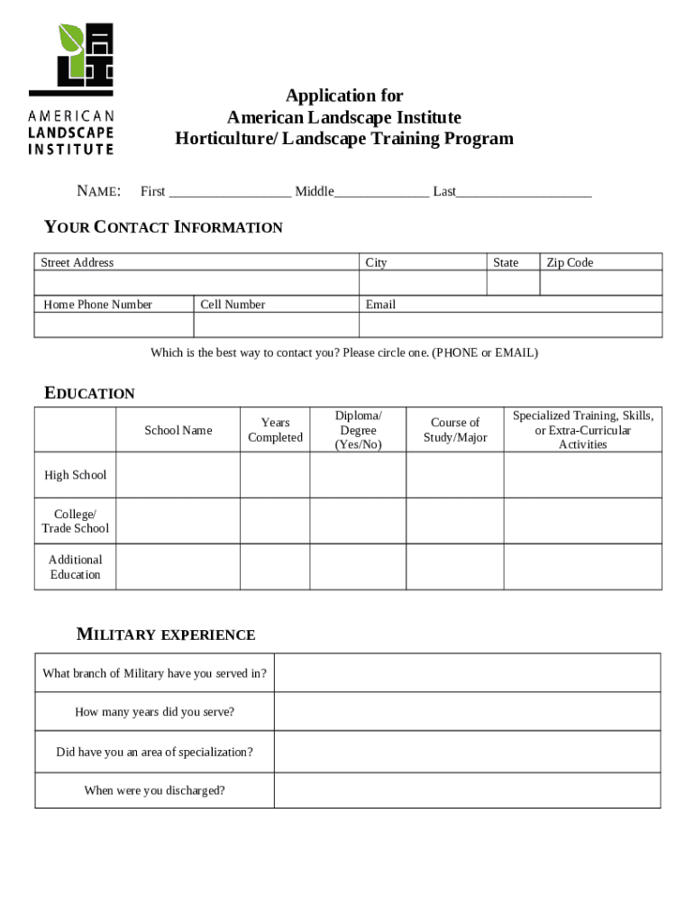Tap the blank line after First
[230, 192]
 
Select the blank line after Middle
[381, 192]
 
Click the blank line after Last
[524, 192]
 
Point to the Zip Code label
[570, 262]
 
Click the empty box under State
[513, 283]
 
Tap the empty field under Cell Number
[276, 324]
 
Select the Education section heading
[90, 393]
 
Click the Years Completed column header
[275, 430]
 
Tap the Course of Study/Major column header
[455, 430]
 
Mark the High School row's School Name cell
[178, 475]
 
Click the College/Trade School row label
[76, 521]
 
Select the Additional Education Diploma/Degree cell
[358, 567]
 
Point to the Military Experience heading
[166, 635]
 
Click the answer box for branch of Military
[467, 673]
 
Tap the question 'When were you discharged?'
[154, 790]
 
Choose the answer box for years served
[467, 712]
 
